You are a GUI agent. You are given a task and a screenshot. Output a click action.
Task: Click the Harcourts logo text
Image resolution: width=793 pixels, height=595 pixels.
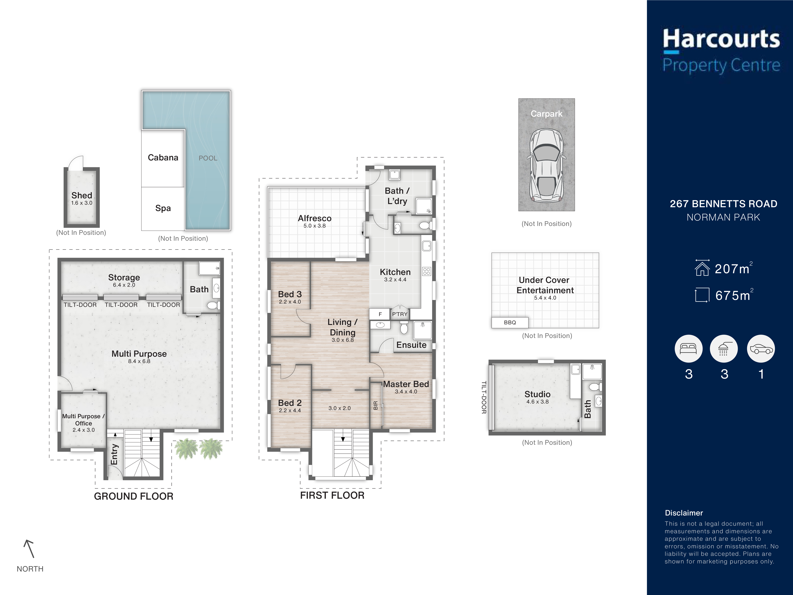pyautogui.click(x=721, y=40)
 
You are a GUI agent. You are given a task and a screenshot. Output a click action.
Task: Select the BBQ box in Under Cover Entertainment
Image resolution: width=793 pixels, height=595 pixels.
pyautogui.click(x=510, y=322)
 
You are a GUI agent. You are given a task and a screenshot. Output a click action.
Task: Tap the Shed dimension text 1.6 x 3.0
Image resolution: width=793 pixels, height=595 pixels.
pyautogui.click(x=82, y=203)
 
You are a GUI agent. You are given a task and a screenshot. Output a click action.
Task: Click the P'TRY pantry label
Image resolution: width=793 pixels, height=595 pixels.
pyautogui.click(x=400, y=314)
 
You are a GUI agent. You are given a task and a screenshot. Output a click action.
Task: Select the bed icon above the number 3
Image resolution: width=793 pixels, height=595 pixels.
pyautogui.click(x=688, y=349)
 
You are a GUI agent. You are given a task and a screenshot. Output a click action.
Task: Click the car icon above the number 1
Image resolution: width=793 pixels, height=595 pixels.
pyautogui.click(x=761, y=349)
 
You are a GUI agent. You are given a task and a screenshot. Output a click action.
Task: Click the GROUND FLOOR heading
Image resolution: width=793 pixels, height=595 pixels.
pyautogui.click(x=134, y=496)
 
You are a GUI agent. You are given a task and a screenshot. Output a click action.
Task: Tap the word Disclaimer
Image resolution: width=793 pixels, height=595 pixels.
pyautogui.click(x=684, y=513)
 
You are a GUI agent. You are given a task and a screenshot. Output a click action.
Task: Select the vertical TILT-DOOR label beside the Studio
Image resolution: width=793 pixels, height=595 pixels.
pyautogui.click(x=484, y=397)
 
